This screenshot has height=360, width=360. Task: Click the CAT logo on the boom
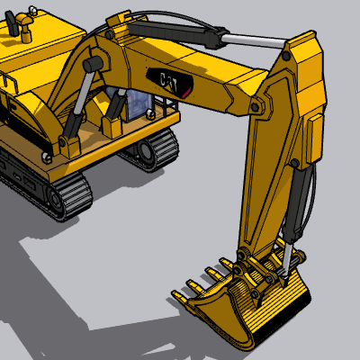[169, 82]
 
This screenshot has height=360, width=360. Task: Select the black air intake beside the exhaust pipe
[12, 22]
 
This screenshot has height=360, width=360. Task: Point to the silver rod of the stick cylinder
[254, 40]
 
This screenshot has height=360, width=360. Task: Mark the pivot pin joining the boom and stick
[255, 107]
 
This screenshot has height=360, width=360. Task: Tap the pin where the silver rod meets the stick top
[286, 55]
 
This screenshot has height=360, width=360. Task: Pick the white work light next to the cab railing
[150, 114]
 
